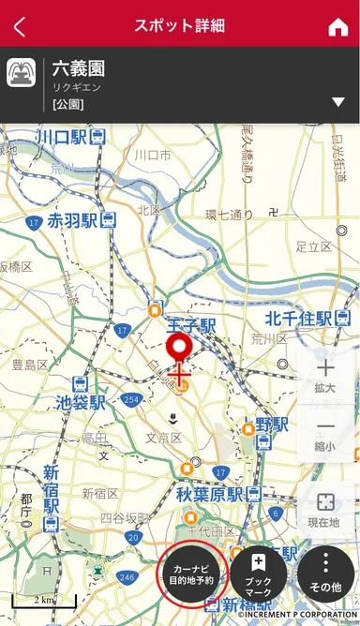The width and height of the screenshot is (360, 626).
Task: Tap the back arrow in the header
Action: tap(20, 26)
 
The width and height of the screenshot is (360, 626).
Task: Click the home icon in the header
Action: tap(337, 26)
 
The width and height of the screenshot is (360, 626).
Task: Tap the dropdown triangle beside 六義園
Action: tap(337, 101)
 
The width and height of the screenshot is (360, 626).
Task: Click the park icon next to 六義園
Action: tap(21, 73)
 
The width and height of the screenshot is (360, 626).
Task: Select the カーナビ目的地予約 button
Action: tap(192, 574)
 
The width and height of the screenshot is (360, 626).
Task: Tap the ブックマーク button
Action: tap(258, 574)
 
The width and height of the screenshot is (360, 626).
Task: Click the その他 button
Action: tap(325, 574)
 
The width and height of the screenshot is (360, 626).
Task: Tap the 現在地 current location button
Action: tap(325, 510)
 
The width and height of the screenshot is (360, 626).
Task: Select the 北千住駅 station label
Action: tap(299, 319)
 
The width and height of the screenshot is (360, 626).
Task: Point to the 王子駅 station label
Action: tap(191, 324)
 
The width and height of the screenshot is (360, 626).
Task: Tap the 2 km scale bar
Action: tap(43, 600)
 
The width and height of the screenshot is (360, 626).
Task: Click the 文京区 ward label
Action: tap(164, 438)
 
